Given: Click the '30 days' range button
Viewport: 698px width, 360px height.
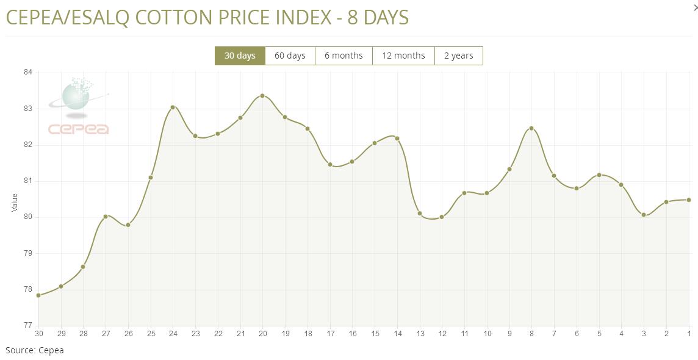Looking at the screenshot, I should pos(240,56).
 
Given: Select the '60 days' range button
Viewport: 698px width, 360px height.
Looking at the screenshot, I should pos(290,56).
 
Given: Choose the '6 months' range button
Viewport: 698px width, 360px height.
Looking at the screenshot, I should pos(344,56).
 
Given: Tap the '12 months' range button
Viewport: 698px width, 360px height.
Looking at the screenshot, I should pos(403,56).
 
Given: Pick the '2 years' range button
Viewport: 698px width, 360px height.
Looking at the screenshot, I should pos(458,56).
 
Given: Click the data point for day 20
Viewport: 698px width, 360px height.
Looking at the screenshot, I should pos(262,96).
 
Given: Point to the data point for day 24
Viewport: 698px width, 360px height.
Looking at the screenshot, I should pos(173,107).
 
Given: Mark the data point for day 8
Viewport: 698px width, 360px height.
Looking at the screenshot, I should pos(531,128).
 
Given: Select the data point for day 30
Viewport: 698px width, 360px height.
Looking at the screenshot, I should pos(38,295).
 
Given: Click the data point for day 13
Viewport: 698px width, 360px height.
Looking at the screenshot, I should pos(420,213).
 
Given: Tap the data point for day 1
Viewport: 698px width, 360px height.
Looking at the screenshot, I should pos(689,200).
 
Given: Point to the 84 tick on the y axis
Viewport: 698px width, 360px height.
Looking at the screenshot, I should pos(27,73).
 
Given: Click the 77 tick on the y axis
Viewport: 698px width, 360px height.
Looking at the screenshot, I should pos(27,325).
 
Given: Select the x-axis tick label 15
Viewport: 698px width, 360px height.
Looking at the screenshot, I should pos(375,334).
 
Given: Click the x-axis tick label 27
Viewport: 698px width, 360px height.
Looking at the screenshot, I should pos(106,334).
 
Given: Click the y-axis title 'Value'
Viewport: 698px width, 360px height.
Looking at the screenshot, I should pos(15,203).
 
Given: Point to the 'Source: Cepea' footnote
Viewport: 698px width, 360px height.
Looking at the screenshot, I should pos(35,350).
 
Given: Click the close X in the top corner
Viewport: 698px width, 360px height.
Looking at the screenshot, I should pos(695,7).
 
